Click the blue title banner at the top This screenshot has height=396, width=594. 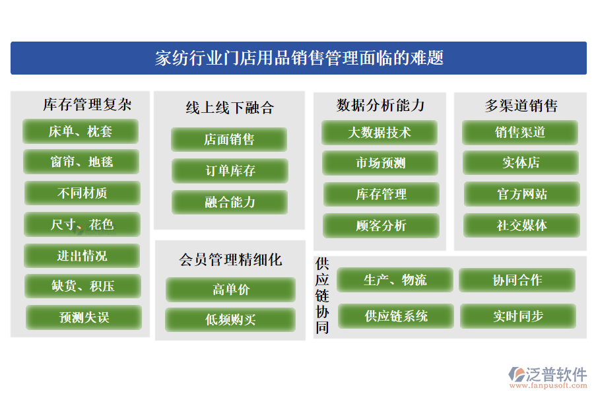point(298,58)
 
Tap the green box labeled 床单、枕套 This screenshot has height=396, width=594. point(81,131)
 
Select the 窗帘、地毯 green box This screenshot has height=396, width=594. point(81,162)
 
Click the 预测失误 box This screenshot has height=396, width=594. point(84,317)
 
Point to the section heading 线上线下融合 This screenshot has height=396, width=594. point(230,108)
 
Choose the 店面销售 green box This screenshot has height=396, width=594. point(229,139)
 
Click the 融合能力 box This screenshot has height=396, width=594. point(230,203)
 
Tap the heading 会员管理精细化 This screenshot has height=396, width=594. point(230,260)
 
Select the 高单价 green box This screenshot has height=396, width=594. point(231,290)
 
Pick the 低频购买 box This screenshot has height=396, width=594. point(230,320)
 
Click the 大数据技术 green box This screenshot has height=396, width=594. point(379,133)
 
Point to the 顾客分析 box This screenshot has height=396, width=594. point(381,226)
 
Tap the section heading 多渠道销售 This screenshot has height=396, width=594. point(521,106)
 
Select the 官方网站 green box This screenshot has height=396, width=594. point(522,194)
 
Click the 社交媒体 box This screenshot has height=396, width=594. point(521,226)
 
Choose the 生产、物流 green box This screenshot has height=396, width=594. point(395,280)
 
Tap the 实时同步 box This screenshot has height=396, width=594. point(518,316)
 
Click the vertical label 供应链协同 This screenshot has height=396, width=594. point(322,296)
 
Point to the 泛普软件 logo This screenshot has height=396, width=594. point(547,374)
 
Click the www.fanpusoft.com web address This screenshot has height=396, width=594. point(548,385)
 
